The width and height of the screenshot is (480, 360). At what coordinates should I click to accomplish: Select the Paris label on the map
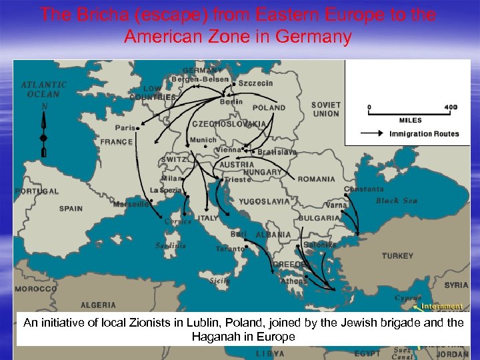click(x=125, y=127)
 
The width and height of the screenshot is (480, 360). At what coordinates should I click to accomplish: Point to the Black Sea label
click(x=396, y=201)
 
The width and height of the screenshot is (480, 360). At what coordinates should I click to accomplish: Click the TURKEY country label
click(x=397, y=256)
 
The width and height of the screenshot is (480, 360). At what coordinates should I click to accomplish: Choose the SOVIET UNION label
click(x=325, y=109)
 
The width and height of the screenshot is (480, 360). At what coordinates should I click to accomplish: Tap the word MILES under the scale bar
click(x=410, y=121)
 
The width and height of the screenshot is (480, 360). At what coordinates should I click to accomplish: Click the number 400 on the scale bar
click(x=451, y=107)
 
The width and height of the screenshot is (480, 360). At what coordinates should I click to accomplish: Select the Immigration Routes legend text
click(x=424, y=134)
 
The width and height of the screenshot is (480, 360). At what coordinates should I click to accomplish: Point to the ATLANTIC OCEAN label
click(x=44, y=89)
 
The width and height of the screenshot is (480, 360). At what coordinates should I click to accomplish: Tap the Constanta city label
click(x=364, y=189)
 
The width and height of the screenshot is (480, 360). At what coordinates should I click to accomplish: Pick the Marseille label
click(x=131, y=204)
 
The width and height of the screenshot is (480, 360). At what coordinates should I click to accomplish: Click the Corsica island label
click(x=178, y=221)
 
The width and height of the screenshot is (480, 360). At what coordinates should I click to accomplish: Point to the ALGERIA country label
click(x=98, y=305)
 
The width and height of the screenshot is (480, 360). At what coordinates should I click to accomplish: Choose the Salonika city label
click(x=320, y=245)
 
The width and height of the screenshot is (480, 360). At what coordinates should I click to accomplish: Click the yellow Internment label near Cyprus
click(x=441, y=307)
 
